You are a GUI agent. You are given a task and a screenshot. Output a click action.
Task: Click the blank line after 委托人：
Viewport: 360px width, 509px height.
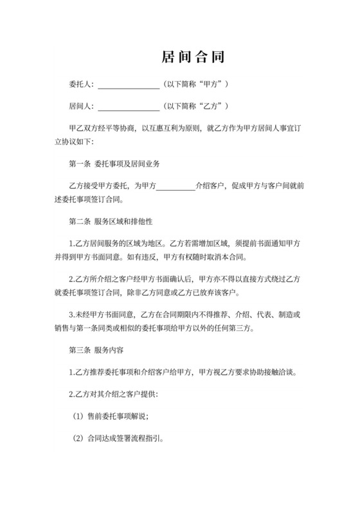128,85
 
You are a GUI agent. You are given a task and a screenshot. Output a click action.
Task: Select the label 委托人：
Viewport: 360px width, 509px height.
81,85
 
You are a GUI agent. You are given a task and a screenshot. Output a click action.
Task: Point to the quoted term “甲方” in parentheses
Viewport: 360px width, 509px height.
212,85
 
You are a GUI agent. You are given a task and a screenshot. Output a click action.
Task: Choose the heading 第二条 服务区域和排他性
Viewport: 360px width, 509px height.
110,222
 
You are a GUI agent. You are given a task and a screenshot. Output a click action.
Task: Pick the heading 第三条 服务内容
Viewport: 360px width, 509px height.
96,351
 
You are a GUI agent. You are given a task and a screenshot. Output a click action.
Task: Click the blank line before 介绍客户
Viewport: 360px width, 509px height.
175,186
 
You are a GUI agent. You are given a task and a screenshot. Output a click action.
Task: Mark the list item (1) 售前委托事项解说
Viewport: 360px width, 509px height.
110,416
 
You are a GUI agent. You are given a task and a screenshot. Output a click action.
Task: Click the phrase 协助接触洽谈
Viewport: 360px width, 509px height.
281,372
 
